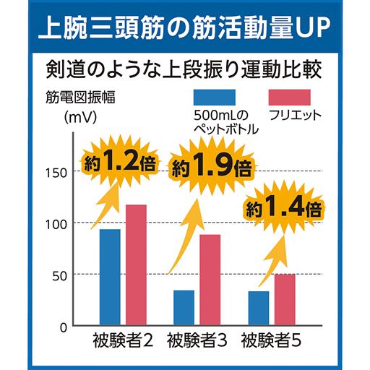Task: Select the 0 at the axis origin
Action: [64, 327]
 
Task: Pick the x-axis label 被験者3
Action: [197, 340]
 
